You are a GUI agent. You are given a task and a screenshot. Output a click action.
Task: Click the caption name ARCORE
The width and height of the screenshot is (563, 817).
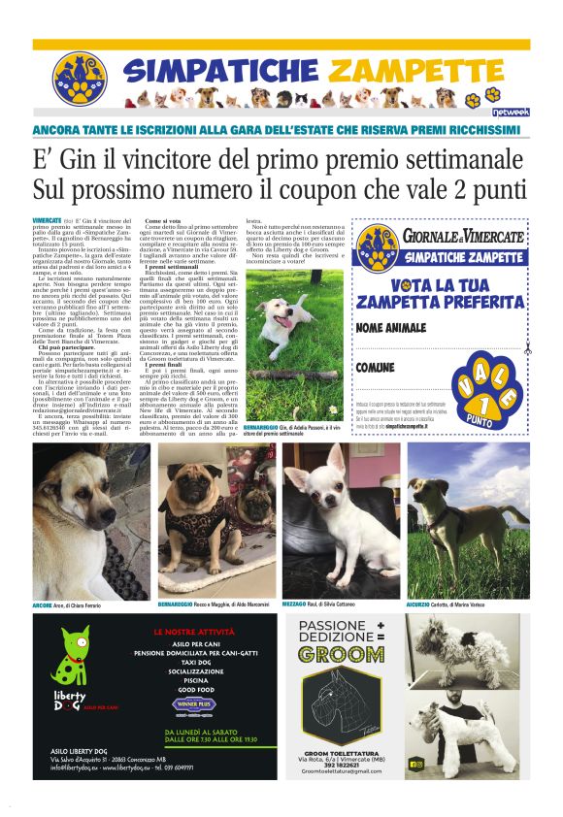(43, 605)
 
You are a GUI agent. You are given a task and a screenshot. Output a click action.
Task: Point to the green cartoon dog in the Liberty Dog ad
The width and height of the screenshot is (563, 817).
(69, 662)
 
